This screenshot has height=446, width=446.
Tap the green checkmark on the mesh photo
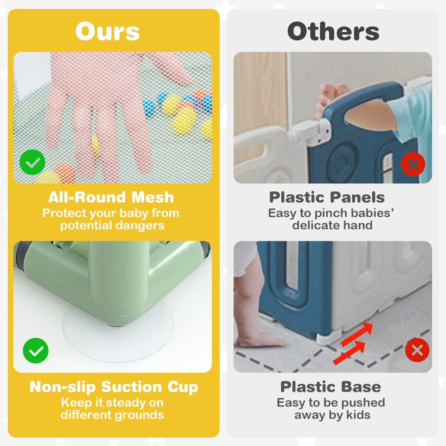pos(32,162)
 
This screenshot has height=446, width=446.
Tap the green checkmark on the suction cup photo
pos(36,350)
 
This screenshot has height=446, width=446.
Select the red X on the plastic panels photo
pos(413,165)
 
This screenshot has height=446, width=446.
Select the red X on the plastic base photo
pos(417,350)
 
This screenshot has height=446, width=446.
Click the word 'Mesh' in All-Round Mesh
pos(152,197)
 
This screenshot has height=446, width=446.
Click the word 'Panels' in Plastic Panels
pos(357,197)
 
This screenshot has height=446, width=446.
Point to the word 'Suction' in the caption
pos(132,387)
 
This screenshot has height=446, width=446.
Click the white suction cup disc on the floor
pos(118,333)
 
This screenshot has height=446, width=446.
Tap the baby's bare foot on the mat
pos(259,340)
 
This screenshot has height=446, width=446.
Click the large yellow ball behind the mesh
pos(184,120)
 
